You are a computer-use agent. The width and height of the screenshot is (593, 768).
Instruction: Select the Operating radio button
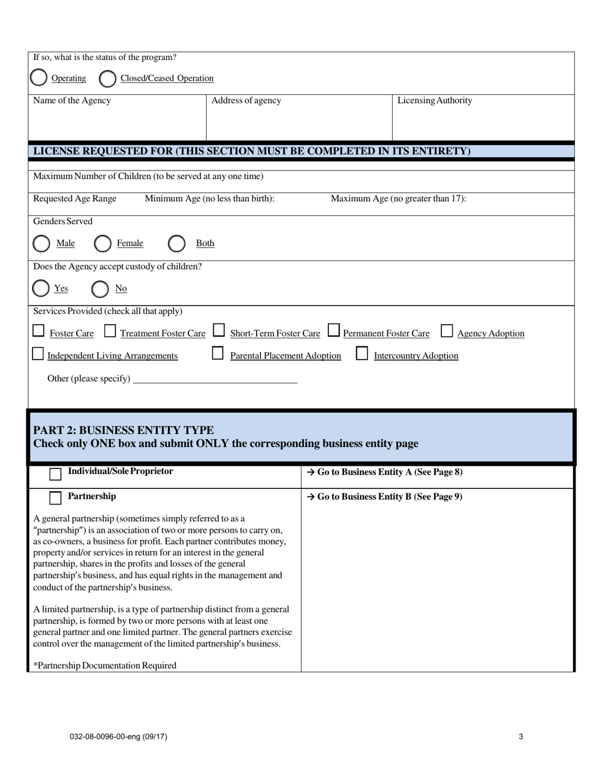[x=39, y=78]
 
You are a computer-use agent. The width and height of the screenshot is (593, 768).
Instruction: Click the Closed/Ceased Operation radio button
[x=107, y=78]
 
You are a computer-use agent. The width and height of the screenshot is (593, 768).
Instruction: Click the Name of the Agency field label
[x=72, y=101]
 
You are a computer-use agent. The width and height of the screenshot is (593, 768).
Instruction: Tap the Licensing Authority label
[x=434, y=101]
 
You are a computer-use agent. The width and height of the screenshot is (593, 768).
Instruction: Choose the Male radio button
[x=41, y=243]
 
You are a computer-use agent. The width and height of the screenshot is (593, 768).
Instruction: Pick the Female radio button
[x=102, y=243]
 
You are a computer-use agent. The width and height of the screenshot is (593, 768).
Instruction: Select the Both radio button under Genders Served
[x=177, y=243]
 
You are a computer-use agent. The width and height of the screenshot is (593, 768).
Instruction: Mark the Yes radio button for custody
[x=41, y=288]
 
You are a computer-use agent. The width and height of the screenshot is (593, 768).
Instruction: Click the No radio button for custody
[x=100, y=288]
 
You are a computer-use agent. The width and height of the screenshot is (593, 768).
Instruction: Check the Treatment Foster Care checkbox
[x=110, y=330]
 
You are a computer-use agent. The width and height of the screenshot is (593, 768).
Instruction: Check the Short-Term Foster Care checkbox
[x=218, y=330]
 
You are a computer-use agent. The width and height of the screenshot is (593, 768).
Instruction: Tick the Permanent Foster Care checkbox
[x=334, y=330]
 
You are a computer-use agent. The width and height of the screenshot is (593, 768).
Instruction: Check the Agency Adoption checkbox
[x=447, y=330]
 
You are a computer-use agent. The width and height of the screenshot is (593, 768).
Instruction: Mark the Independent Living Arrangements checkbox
[x=39, y=353]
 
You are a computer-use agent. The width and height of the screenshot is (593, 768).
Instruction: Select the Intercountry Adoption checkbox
[x=362, y=353]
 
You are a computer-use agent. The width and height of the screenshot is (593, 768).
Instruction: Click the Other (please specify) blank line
[x=215, y=378]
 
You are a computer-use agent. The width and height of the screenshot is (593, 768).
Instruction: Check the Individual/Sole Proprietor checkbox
[x=56, y=474]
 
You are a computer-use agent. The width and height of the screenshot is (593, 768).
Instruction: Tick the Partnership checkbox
[x=56, y=498]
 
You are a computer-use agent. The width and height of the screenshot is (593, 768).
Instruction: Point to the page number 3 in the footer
[x=521, y=736]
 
